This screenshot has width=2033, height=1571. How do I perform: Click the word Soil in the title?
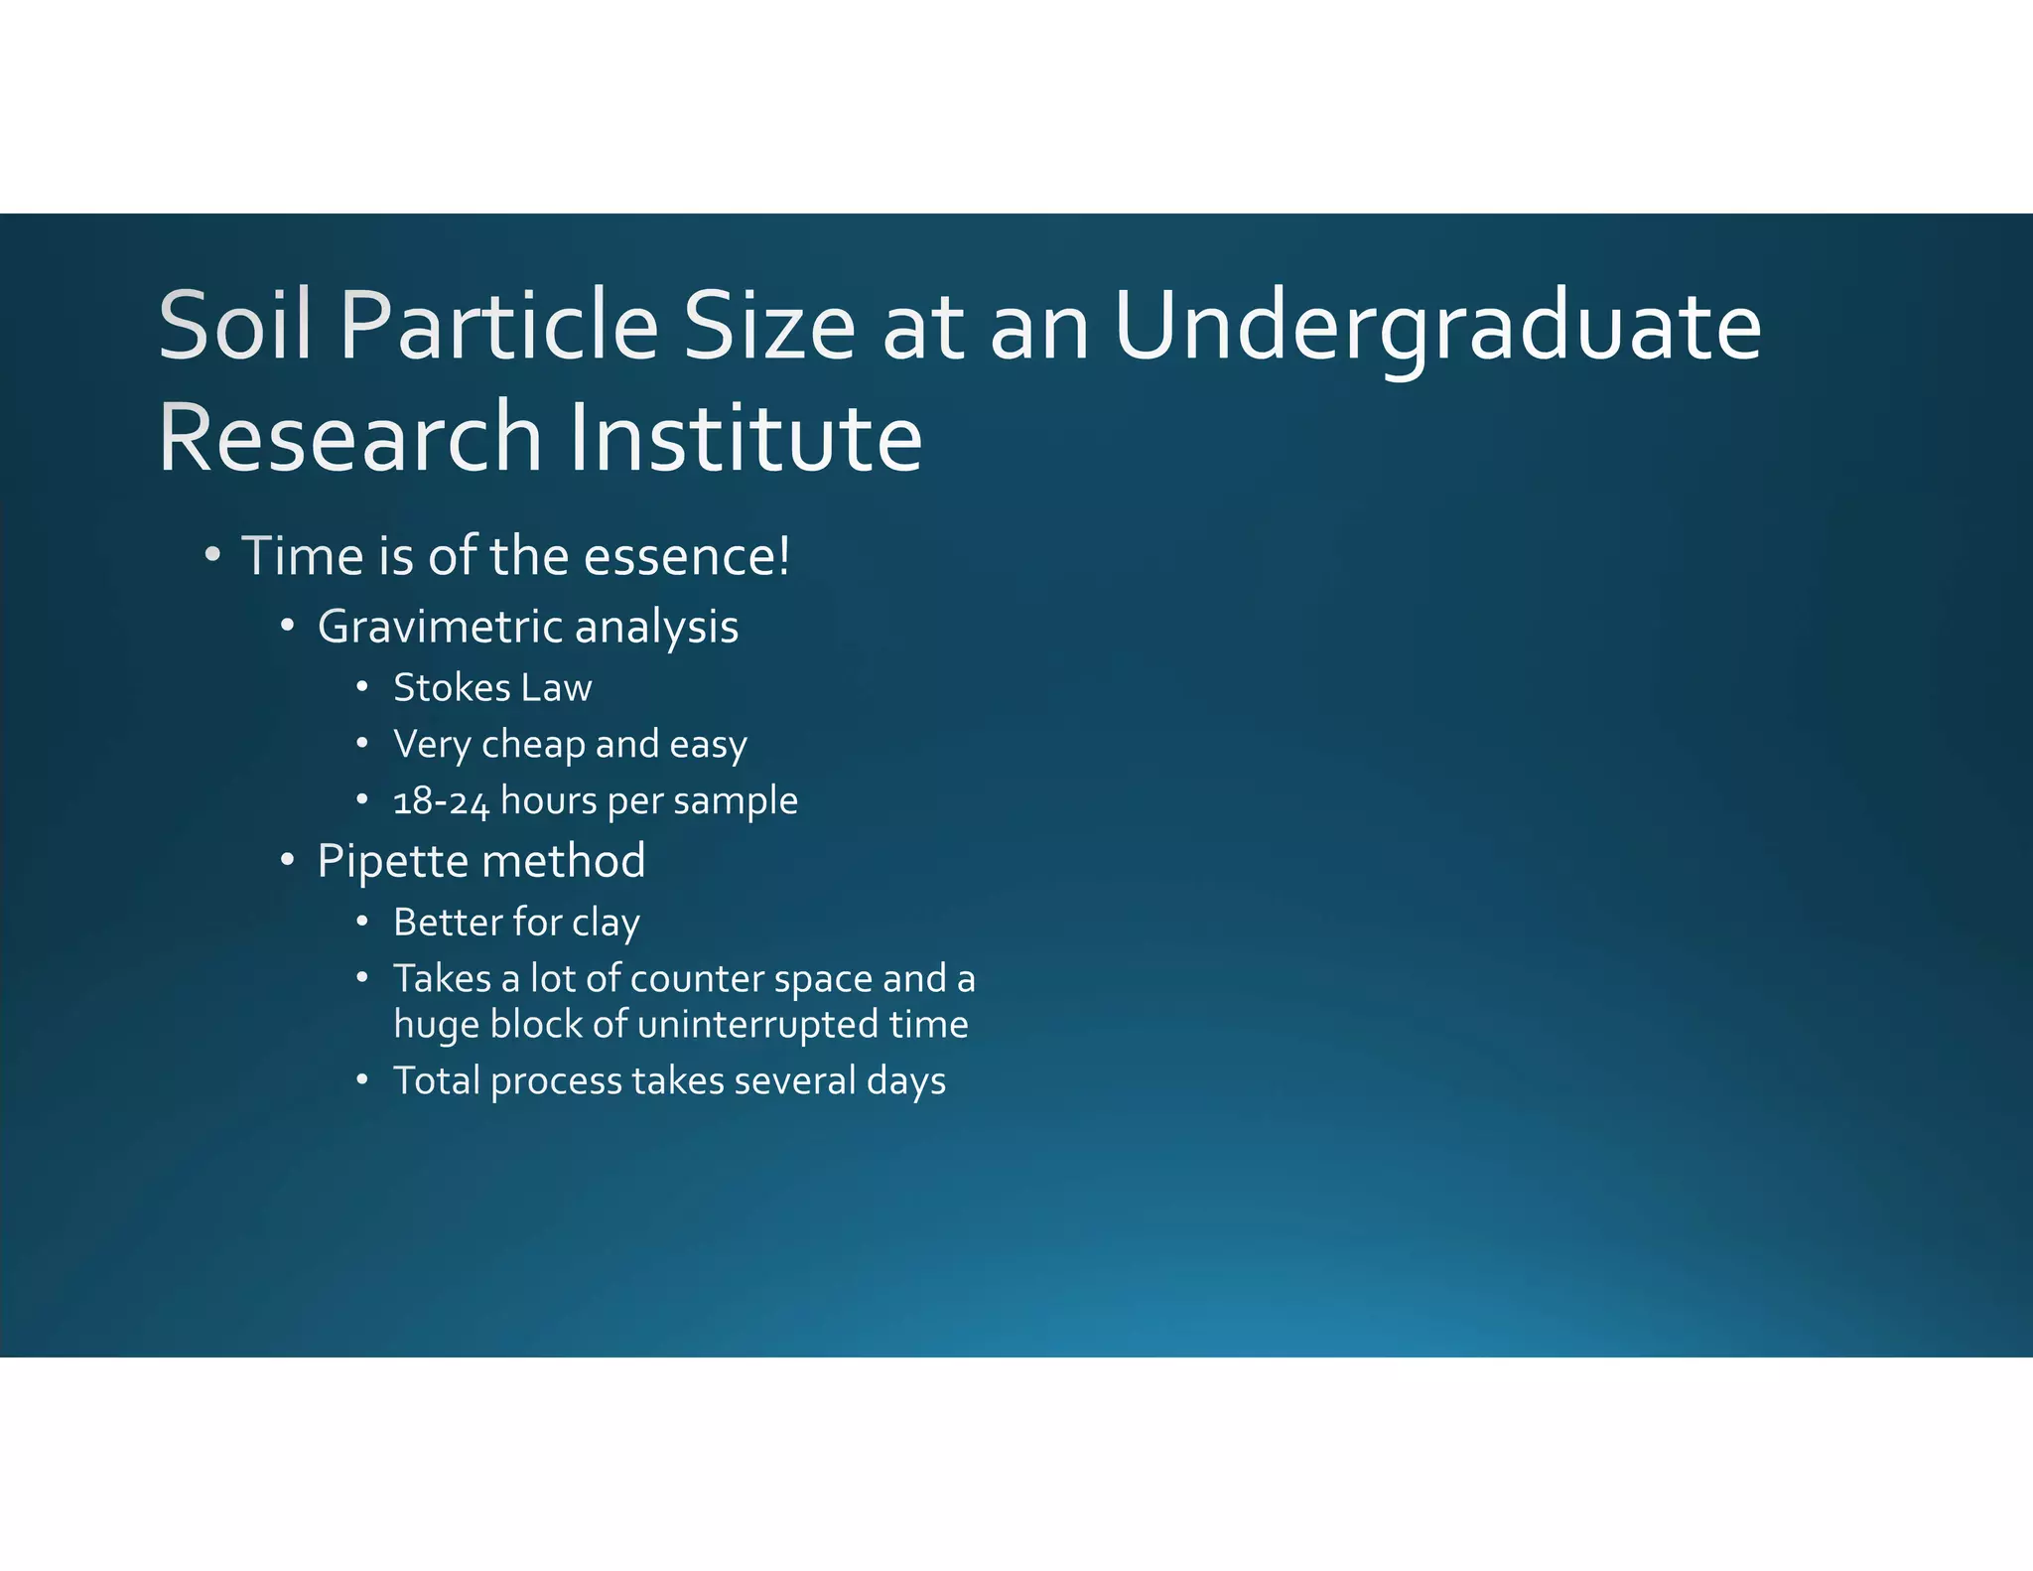click(235, 326)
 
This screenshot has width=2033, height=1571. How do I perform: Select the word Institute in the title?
click(745, 438)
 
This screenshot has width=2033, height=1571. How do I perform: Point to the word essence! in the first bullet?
click(687, 556)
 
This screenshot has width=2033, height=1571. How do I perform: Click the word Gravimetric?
click(441, 628)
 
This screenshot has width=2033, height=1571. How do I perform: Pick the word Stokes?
click(452, 688)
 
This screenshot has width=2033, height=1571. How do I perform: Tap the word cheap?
click(533, 745)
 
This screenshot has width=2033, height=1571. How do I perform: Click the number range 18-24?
click(441, 801)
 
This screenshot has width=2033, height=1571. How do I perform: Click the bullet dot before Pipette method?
click(287, 860)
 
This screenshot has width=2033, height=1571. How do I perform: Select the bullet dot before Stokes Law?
click(363, 687)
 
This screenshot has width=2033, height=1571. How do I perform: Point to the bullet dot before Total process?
click(363, 1080)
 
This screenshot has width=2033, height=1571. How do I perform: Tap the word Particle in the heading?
click(498, 326)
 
